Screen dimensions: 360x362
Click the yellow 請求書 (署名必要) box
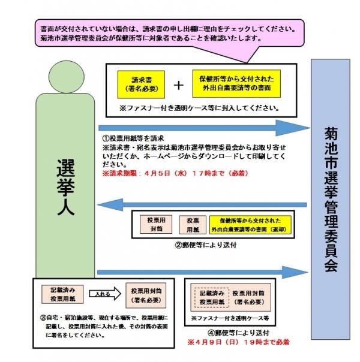tap(141, 85)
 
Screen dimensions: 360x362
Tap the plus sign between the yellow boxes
tap(178, 86)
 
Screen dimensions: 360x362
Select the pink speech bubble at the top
tap(169, 33)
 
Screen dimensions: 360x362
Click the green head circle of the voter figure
tap(67, 77)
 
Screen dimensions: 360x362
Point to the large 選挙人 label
tap(66, 187)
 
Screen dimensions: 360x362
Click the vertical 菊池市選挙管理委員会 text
tap(331, 199)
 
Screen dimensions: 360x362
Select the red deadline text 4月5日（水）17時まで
tap(175, 173)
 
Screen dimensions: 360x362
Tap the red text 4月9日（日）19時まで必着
tap(238, 342)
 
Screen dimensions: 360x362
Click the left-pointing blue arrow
tap(202, 205)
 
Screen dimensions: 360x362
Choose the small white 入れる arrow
tap(105, 294)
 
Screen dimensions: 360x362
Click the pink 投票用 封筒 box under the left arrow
tap(156, 224)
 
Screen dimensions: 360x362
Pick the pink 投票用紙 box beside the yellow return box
tap(193, 225)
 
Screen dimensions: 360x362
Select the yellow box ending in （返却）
tap(250, 225)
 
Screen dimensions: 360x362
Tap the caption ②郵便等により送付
tap(206, 245)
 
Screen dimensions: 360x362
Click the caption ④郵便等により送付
tap(239, 333)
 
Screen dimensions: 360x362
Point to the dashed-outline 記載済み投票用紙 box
tap(212, 298)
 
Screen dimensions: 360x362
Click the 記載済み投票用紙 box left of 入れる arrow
tap(62, 294)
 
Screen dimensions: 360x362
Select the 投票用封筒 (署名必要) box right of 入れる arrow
tap(146, 295)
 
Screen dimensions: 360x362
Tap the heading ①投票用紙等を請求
tap(133, 138)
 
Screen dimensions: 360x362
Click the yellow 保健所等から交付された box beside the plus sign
tap(236, 83)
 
